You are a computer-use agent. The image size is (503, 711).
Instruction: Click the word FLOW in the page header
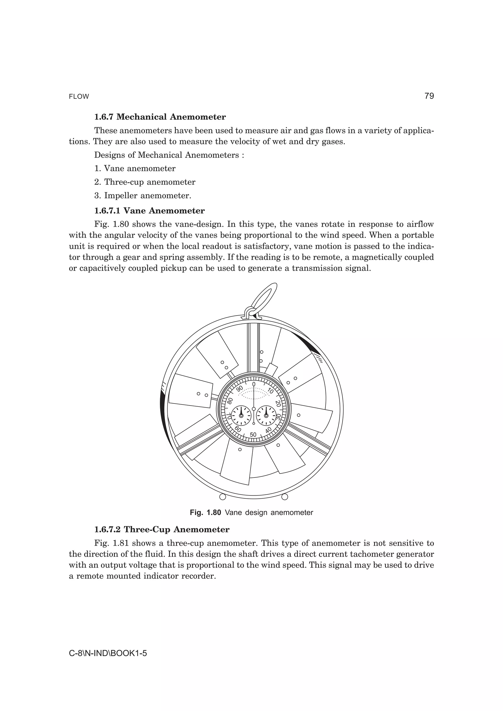pos(79,97)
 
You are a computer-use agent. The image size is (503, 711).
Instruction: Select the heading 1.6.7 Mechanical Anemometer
pos(160,117)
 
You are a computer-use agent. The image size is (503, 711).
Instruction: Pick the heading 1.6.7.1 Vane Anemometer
pos(149,211)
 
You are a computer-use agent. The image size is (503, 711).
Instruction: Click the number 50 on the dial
pos(253,435)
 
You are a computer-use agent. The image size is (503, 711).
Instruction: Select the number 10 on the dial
pos(270,391)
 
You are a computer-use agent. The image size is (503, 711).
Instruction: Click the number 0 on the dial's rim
pos(253,384)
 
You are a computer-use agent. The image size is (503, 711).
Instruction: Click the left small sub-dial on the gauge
pos(241,416)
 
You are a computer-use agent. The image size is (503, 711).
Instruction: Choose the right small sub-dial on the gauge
pos(266,416)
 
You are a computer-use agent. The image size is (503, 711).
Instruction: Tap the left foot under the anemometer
pos(222,497)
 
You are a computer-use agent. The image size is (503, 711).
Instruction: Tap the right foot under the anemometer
pos(284,497)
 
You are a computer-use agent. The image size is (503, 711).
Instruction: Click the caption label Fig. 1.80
pos(205,513)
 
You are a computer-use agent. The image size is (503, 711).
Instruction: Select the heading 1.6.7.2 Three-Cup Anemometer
pos(162,529)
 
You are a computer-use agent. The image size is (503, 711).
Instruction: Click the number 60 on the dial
pos(238,429)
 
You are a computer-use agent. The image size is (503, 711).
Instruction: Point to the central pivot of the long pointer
pos(253,409)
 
